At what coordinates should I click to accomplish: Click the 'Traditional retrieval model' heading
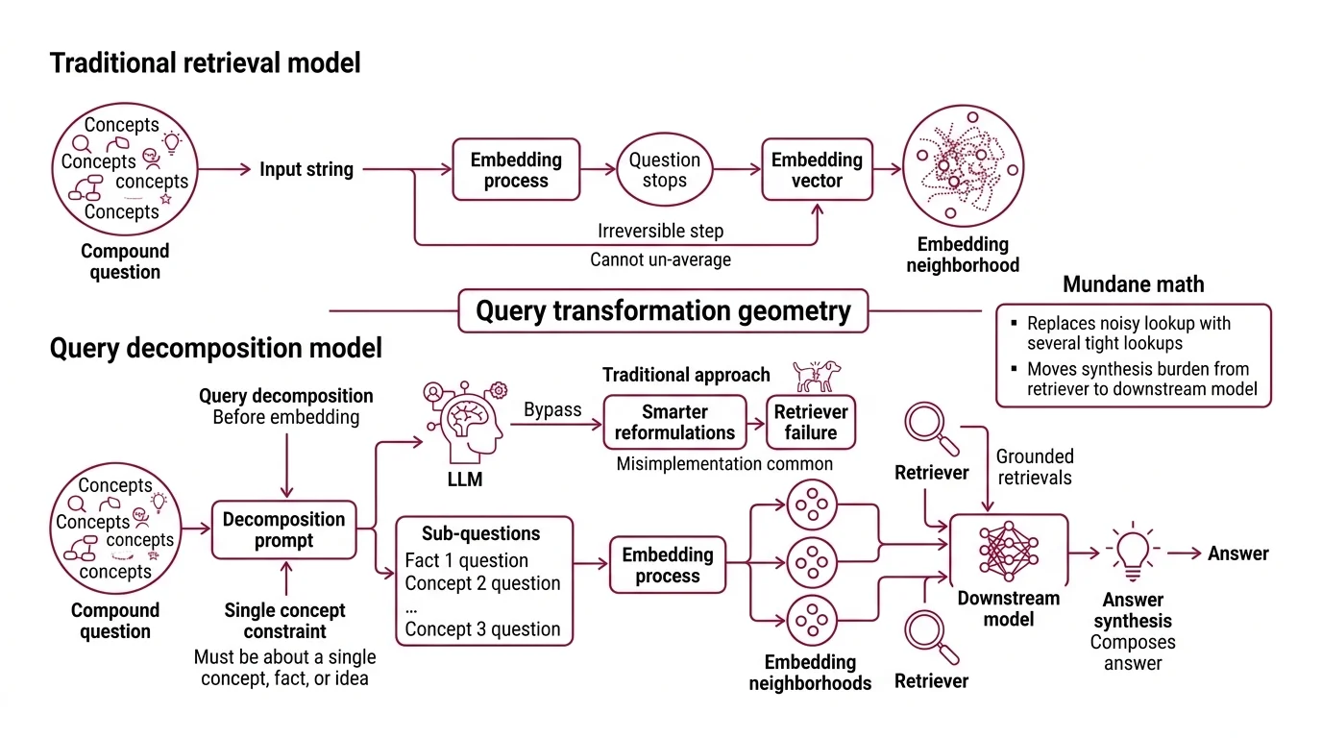click(x=205, y=63)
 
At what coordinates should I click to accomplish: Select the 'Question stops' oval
click(x=665, y=170)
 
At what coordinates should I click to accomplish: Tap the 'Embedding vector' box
click(x=817, y=170)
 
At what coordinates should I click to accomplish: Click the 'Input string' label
click(x=306, y=170)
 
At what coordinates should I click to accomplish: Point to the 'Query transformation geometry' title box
click(x=663, y=311)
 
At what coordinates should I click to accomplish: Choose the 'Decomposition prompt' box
click(x=283, y=529)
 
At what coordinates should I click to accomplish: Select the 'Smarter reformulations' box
click(x=674, y=422)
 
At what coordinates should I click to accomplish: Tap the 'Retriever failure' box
click(x=810, y=422)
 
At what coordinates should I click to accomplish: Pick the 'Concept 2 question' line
click(x=482, y=583)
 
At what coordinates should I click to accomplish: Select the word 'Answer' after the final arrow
click(x=1238, y=553)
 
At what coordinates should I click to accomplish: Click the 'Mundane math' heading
click(x=1133, y=284)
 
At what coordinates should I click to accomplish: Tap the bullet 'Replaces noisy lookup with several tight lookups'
click(x=1128, y=333)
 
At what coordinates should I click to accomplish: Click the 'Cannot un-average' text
click(x=660, y=259)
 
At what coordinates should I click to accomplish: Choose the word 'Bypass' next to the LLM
click(x=552, y=410)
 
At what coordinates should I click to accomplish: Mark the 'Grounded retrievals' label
click(x=1034, y=467)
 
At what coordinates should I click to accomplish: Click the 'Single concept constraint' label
click(x=284, y=621)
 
